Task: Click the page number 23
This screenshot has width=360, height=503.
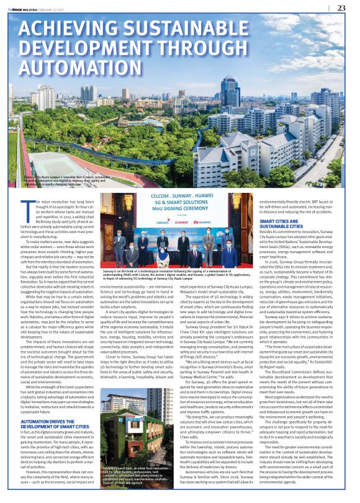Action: (x=341, y=7)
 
